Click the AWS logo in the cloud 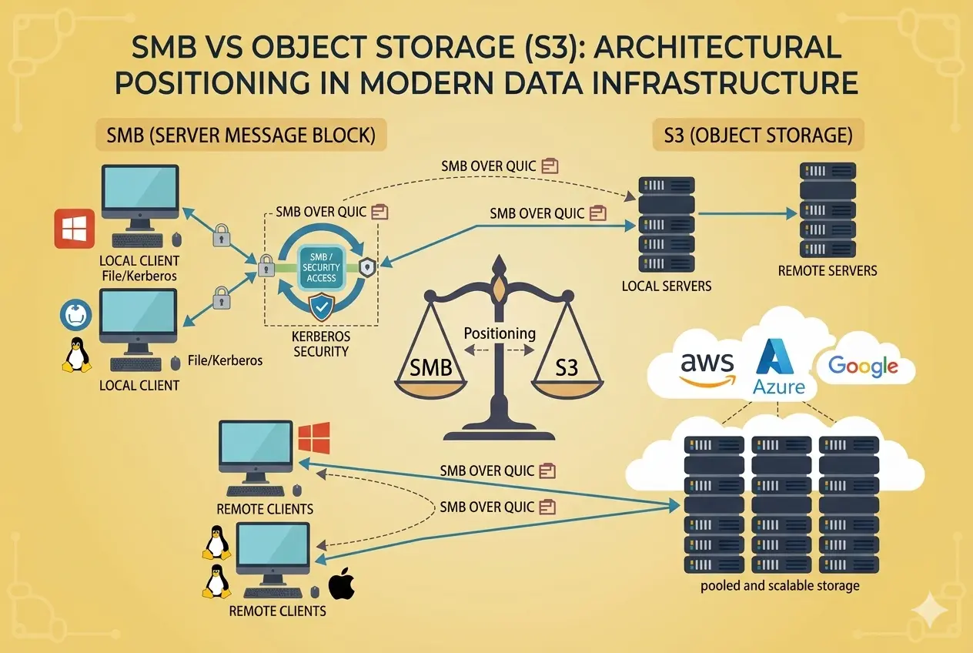pyautogui.click(x=706, y=367)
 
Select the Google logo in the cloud pyautogui.click(x=863, y=367)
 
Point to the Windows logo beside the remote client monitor pyautogui.click(x=314, y=437)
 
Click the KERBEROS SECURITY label pyautogui.click(x=322, y=344)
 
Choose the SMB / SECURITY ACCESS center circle pyautogui.click(x=322, y=266)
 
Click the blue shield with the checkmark pyautogui.click(x=322, y=306)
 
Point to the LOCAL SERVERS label pyautogui.click(x=666, y=286)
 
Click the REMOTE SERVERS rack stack pyautogui.click(x=828, y=209)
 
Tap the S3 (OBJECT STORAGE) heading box pyautogui.click(x=757, y=136)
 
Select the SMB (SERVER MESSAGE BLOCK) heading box pyautogui.click(x=241, y=136)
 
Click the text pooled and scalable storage pyautogui.click(x=780, y=586)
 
